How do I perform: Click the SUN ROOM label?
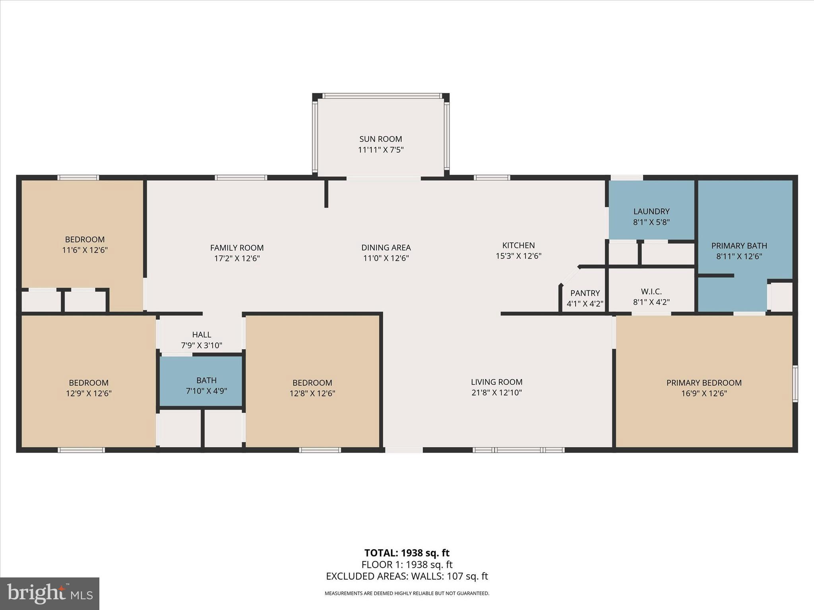(380, 139)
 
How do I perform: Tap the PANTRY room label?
(585, 293)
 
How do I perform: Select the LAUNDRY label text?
(651, 211)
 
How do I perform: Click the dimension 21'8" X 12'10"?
(496, 393)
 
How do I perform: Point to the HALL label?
(202, 335)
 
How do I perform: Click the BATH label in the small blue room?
(206, 380)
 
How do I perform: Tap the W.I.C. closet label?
(651, 291)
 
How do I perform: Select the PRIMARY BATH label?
(739, 246)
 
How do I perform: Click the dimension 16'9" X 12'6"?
(704, 394)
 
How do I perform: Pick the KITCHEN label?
(518, 245)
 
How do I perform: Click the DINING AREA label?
(386, 248)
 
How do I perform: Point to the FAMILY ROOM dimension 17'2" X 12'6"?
(237, 259)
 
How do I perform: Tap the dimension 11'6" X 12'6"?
(85, 250)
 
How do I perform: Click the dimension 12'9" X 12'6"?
(89, 394)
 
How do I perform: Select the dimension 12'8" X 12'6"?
(312, 394)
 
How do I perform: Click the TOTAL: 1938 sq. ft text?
(407, 553)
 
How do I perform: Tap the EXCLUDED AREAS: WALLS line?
(407, 576)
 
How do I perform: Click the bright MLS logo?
(50, 594)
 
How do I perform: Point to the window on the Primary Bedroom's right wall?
(795, 384)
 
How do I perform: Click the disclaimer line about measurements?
(407, 593)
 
